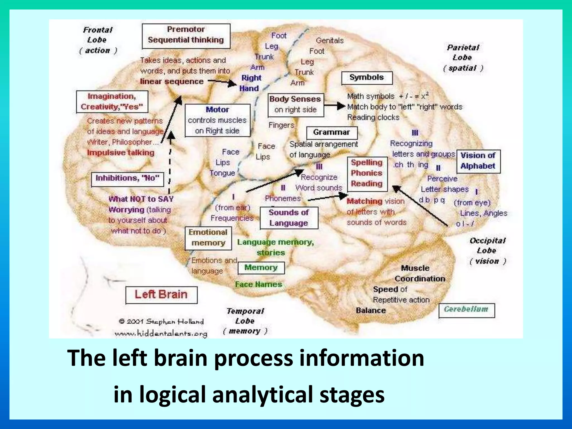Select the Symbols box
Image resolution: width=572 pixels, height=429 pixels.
[367, 78]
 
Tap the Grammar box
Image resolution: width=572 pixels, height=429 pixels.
[332, 133]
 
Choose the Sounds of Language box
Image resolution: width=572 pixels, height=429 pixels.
[289, 218]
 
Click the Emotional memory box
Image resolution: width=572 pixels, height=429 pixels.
[208, 238]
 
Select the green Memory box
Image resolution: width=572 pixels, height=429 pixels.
[261, 268]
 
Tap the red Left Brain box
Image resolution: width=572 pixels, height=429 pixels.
[161, 295]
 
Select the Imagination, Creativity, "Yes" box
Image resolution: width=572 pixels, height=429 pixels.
[112, 102]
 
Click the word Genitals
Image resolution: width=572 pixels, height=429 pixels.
[330, 41]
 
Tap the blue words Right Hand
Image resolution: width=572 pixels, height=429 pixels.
[250, 83]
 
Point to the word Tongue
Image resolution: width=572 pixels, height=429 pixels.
[223, 173]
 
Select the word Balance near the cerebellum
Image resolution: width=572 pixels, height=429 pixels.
[371, 311]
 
